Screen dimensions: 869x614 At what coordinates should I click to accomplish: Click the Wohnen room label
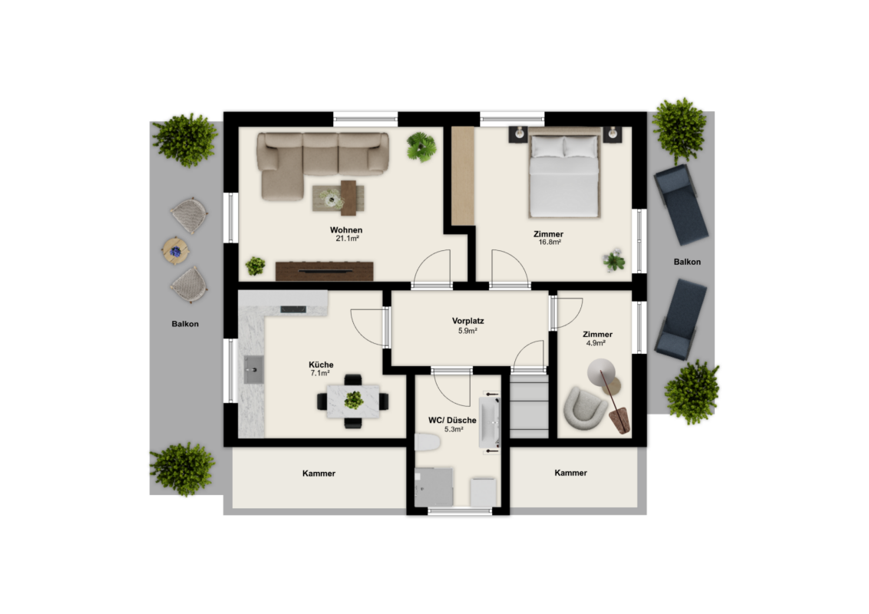(345, 230)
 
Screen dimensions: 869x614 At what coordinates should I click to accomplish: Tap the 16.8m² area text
(550, 243)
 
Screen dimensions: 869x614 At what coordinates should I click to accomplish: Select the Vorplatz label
(468, 321)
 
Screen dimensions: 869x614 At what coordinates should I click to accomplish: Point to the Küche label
(321, 365)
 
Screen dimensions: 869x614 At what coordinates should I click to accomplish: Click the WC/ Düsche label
(452, 420)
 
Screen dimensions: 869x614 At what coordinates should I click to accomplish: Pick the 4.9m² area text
(596, 343)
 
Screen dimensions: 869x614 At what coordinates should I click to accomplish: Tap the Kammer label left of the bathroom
(319, 474)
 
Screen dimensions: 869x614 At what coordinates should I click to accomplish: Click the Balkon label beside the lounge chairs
(687, 262)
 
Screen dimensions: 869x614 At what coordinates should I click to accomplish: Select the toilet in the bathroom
(428, 442)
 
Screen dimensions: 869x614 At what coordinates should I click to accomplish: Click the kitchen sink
(253, 370)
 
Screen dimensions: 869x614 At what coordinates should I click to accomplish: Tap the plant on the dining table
(353, 400)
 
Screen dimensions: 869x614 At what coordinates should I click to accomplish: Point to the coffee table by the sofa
(339, 198)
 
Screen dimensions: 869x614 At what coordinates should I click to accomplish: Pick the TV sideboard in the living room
(324, 271)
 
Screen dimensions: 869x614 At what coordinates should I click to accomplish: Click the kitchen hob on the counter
(293, 309)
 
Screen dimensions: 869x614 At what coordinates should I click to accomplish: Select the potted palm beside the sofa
(421, 147)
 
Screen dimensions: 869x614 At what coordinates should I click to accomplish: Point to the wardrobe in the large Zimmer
(464, 177)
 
